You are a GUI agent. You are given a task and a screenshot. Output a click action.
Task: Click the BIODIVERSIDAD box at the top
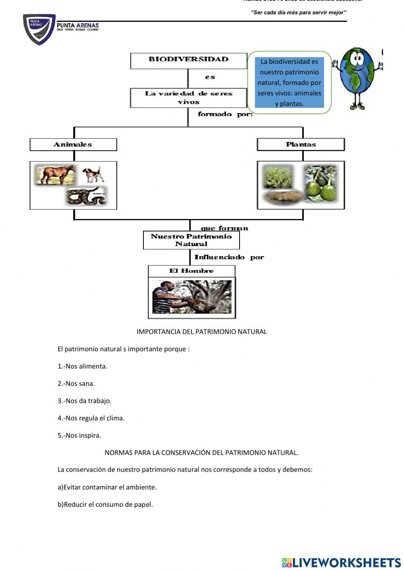(x=188, y=60)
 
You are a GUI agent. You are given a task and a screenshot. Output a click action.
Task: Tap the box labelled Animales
(x=73, y=144)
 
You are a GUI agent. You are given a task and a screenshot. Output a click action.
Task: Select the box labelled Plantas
(x=301, y=144)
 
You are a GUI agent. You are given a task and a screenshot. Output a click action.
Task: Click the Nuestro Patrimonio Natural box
(x=191, y=240)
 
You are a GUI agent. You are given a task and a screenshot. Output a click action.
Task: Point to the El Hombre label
(x=191, y=271)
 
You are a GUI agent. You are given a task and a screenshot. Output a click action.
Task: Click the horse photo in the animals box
(x=55, y=174)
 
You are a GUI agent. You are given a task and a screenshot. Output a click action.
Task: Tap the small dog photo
(x=93, y=174)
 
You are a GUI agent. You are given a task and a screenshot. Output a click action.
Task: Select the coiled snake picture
(x=86, y=196)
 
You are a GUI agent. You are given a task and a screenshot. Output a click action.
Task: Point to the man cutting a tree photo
(x=192, y=297)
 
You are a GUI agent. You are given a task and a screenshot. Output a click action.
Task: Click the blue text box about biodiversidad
(x=289, y=82)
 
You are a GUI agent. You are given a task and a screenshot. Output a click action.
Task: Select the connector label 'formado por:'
(x=225, y=114)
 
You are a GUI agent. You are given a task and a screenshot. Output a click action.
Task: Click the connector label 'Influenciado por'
(x=229, y=257)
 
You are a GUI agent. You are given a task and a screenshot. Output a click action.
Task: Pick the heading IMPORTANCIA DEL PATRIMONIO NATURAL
(x=202, y=332)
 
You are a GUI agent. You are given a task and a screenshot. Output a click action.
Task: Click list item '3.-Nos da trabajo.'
(x=84, y=401)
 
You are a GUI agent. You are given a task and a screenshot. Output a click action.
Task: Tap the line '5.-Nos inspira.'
(x=79, y=435)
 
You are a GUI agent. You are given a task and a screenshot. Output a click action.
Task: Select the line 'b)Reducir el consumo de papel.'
(x=105, y=504)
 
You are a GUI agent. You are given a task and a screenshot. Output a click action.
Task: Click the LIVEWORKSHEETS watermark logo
(x=341, y=563)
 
